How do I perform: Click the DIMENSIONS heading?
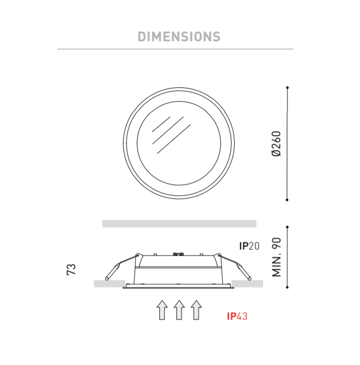tap(179, 37)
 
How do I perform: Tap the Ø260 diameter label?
tap(276, 144)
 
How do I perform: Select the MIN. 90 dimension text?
tap(276, 257)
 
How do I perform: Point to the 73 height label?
tap(71, 269)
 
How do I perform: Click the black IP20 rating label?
tap(249, 246)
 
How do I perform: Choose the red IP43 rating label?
tap(237, 316)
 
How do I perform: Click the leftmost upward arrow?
tap(162, 310)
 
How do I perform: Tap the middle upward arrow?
tap(179, 310)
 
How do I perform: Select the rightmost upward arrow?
tap(197, 310)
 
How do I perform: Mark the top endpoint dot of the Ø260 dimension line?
tap(287, 88)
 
